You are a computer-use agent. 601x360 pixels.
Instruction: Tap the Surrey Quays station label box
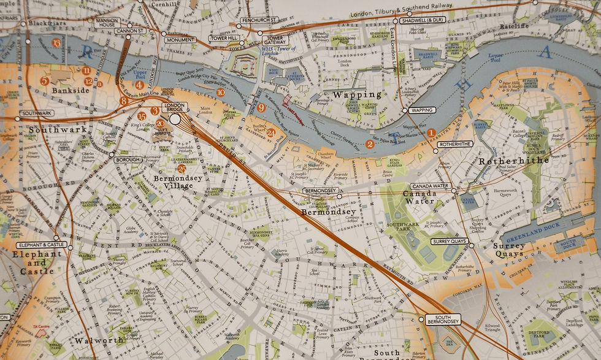pos(450,242)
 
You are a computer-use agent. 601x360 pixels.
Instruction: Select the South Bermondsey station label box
pos(443,319)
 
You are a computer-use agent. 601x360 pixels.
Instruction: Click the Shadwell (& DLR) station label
pos(422,20)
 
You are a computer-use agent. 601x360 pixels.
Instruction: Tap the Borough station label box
pos(128,160)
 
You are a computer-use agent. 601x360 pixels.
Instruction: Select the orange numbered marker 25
pos(181,168)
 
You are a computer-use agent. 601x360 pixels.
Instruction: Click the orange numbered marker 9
pos(261,108)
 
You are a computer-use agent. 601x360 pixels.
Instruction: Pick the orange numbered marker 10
pos(220,92)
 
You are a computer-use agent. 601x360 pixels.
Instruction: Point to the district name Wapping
pos(357,95)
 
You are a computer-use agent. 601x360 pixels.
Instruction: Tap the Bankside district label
pos(71,90)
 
